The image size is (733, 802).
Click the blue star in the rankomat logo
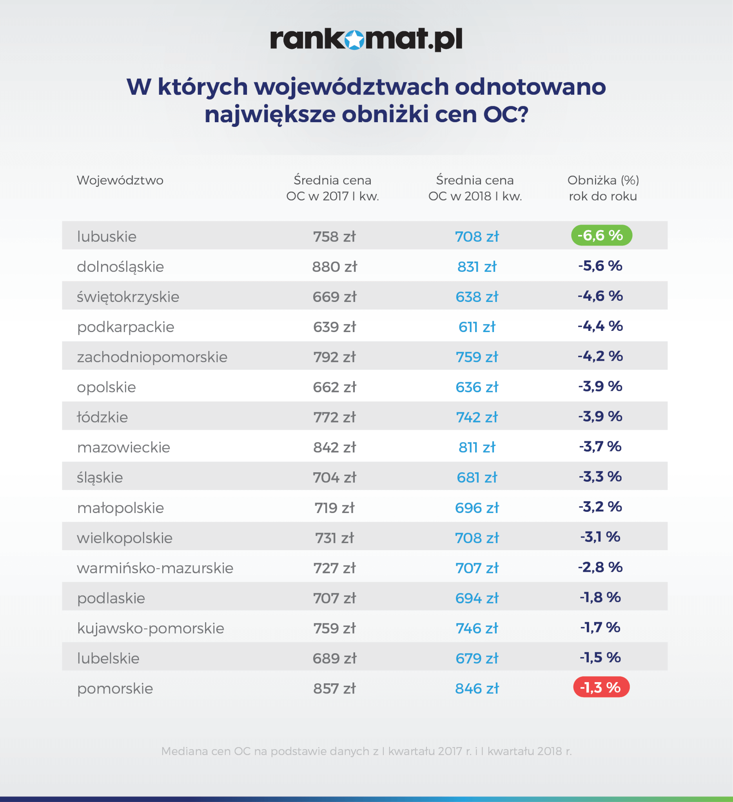tap(354, 40)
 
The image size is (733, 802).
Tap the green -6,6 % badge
tap(601, 235)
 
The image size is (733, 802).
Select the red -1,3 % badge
tap(601, 687)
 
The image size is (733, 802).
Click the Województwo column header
tap(120, 180)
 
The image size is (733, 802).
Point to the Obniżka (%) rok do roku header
tap(603, 188)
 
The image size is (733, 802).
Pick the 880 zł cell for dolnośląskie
tap(334, 267)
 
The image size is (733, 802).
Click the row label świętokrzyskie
tap(128, 297)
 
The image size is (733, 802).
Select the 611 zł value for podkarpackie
tap(477, 327)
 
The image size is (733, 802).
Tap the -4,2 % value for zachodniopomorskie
tap(600, 356)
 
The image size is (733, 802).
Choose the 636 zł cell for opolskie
tap(477, 387)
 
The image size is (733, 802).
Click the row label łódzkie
tap(102, 417)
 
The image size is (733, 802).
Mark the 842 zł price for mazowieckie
tap(334, 448)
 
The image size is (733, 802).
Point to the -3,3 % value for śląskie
tap(600, 477)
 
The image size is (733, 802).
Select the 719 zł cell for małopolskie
tap(334, 508)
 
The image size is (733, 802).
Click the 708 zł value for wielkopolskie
tap(477, 538)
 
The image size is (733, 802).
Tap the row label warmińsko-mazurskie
tap(155, 568)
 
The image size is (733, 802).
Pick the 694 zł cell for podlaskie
tap(477, 598)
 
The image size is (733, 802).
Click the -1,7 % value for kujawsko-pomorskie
tap(600, 627)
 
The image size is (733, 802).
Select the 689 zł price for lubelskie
tap(334, 659)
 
